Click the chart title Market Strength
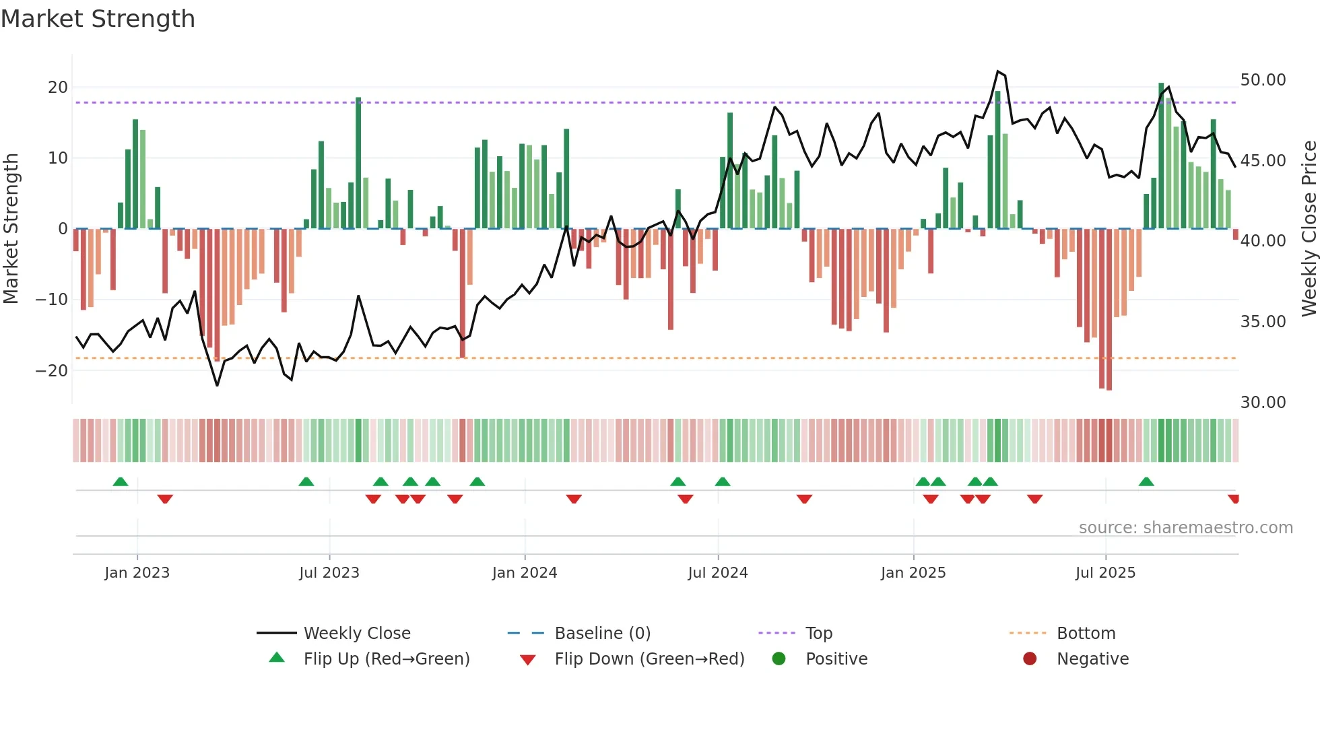point(98,19)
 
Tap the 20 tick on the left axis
point(58,87)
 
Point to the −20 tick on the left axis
point(53,370)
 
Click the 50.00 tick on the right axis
point(1263,80)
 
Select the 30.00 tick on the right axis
point(1263,402)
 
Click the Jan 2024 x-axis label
point(525,573)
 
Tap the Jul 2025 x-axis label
point(1105,573)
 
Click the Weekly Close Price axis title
point(1309,229)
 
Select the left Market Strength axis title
point(11,229)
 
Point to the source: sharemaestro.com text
point(1185,528)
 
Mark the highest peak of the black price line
point(998,71)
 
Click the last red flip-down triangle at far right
point(1233,498)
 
